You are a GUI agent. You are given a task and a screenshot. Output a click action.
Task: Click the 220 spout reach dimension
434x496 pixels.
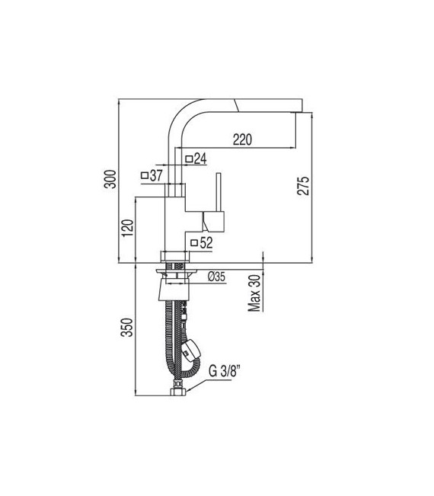tap(242, 139)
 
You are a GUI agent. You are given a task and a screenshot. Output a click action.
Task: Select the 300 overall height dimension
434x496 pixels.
tap(110, 179)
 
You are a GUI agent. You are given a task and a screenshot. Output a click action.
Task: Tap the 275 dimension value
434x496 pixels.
tap(303, 186)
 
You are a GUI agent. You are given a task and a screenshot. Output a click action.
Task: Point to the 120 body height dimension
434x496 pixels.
tap(128, 228)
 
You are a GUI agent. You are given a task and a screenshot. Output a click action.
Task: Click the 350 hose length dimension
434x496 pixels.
tap(128, 327)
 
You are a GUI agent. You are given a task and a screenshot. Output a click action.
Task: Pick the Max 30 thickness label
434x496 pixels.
tap(254, 293)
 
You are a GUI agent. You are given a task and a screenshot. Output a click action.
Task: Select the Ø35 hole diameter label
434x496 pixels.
tap(216, 277)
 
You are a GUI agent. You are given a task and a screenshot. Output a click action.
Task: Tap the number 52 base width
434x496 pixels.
tap(206, 243)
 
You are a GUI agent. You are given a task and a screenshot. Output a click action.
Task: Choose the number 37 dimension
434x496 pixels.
tap(156, 175)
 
